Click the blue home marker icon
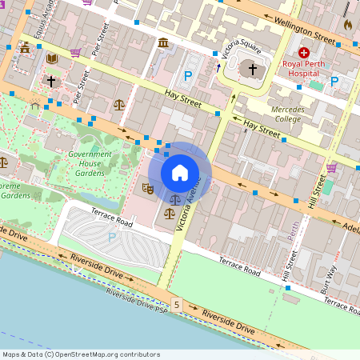(180, 173)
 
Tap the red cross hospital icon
(304, 52)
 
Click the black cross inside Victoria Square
(253, 70)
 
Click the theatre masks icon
(147, 189)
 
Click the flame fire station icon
(347, 25)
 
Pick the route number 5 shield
(176, 305)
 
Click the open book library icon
(52, 58)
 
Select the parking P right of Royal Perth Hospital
(334, 80)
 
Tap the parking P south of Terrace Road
(111, 238)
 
